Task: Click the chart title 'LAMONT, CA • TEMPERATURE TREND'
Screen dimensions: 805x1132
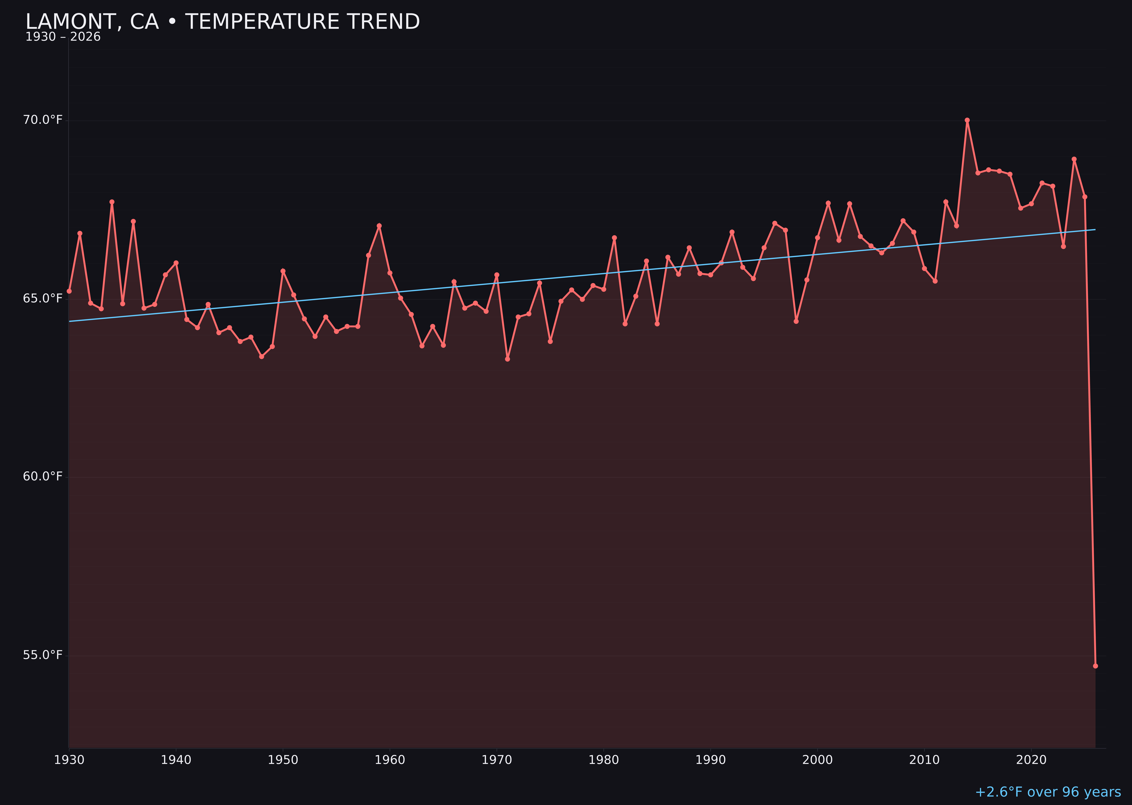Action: pyautogui.click(x=222, y=22)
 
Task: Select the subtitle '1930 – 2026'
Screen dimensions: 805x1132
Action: pyautogui.click(x=63, y=37)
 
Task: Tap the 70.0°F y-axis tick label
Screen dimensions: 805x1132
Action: pyautogui.click(x=43, y=120)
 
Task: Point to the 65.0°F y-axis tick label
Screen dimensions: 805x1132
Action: pyautogui.click(x=43, y=298)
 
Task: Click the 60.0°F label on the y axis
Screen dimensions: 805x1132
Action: pyautogui.click(x=43, y=476)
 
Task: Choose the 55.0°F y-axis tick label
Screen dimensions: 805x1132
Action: pyautogui.click(x=43, y=655)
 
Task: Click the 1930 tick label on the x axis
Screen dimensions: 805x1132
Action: pyautogui.click(x=69, y=760)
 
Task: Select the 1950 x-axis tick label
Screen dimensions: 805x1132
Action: pyautogui.click(x=283, y=760)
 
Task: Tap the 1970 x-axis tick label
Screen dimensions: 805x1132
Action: pyautogui.click(x=497, y=760)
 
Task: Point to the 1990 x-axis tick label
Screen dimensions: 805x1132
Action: pyautogui.click(x=711, y=760)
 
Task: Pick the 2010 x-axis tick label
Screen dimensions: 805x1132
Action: pyautogui.click(x=924, y=760)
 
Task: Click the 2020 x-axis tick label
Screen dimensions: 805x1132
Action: pyautogui.click(x=1031, y=760)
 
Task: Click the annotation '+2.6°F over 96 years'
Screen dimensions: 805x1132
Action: pyautogui.click(x=1048, y=792)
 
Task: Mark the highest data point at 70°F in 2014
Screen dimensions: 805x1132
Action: pyautogui.click(x=967, y=120)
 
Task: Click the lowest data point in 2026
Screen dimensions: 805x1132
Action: pyautogui.click(x=1095, y=666)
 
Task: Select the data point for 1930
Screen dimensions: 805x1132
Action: pyautogui.click(x=69, y=291)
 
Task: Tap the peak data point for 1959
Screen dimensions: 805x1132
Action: pyautogui.click(x=379, y=226)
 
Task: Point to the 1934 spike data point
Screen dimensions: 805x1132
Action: pyautogui.click(x=112, y=202)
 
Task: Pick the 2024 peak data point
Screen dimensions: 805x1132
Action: pyautogui.click(x=1074, y=159)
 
